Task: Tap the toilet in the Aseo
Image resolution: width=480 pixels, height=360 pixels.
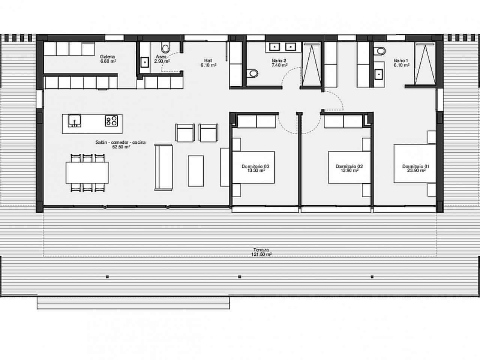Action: pos(165,48)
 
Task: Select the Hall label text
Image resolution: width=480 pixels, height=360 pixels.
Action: pos(208,60)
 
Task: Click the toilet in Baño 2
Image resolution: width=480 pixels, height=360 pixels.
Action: pos(253,73)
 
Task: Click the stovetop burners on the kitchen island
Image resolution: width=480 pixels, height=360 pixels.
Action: pos(111,120)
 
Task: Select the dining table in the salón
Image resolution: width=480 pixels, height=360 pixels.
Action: pos(87,172)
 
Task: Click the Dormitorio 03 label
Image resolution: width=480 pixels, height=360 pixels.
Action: pos(256,166)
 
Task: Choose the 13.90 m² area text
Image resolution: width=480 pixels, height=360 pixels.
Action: pos(349,170)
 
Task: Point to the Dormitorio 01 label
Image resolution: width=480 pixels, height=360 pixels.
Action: pos(415,166)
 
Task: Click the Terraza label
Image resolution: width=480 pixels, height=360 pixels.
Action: pos(261,250)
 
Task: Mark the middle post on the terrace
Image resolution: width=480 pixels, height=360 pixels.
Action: pos(240,277)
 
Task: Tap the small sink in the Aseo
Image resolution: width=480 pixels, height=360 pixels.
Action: pos(144,62)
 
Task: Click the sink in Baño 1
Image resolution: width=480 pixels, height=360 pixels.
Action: pos(379,74)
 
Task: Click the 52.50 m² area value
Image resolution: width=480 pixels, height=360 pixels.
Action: pos(121,147)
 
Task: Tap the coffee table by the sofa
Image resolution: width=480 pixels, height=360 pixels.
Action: pos(195,171)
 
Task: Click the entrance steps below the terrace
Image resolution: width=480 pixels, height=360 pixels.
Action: pos(133,302)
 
